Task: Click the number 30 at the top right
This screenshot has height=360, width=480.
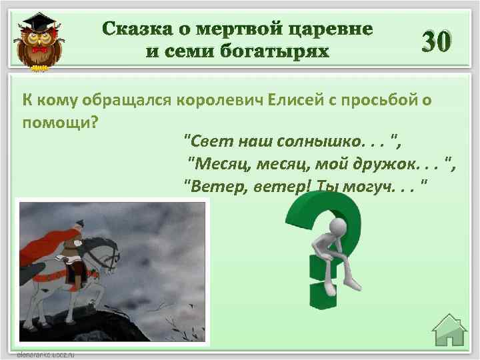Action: click(437, 43)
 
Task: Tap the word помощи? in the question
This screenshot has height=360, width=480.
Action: click(61, 123)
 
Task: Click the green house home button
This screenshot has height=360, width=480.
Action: click(449, 333)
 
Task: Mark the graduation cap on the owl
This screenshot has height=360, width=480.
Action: click(41, 23)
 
